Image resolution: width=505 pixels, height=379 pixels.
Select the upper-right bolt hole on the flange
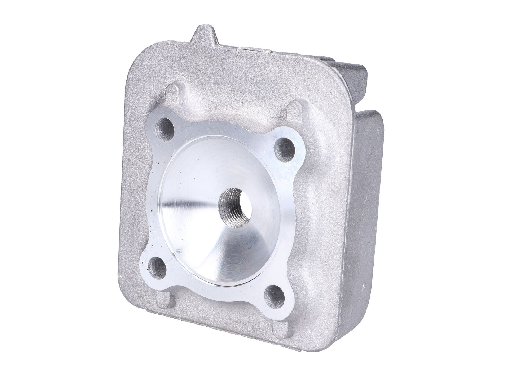pyautogui.click(x=288, y=145)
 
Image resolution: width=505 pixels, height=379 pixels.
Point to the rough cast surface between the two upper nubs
pyautogui.click(x=234, y=94)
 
